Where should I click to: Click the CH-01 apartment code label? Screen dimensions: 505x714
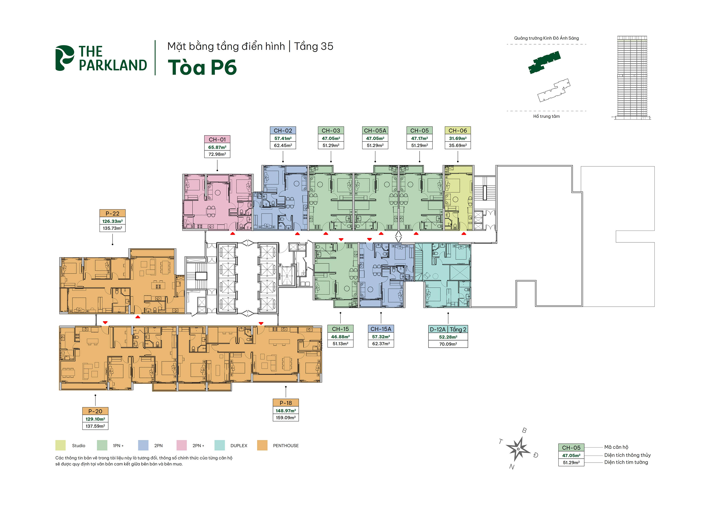tap(217, 139)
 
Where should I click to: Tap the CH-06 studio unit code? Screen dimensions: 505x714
tap(457, 131)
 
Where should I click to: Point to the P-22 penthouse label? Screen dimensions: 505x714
tap(112, 213)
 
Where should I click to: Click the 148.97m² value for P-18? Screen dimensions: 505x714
tap(285, 411)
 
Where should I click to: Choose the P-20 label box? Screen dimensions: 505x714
tap(95, 411)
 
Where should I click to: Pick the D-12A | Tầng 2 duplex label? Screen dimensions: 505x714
tap(448, 329)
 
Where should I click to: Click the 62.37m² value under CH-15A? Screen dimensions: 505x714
tap(381, 344)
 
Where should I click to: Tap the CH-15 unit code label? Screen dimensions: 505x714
tap(340, 329)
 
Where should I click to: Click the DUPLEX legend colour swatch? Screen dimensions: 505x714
tap(219, 445)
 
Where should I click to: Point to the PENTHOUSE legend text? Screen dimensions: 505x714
tap(285, 445)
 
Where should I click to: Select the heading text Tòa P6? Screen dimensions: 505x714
tap(202, 67)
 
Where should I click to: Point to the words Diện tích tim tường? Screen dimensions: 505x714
tap(626, 462)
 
